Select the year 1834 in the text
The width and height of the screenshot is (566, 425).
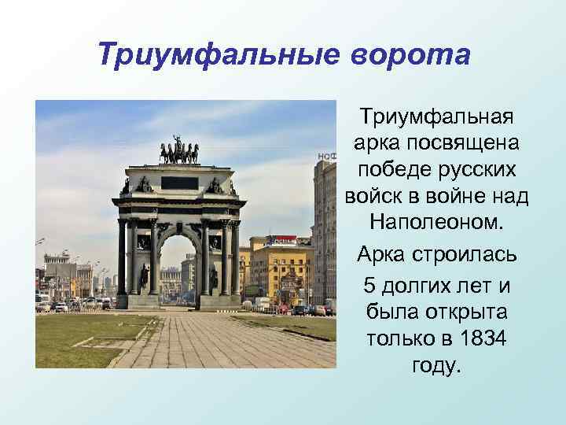click(x=480, y=338)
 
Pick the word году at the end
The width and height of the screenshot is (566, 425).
click(x=436, y=367)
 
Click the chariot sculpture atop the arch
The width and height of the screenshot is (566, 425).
click(x=179, y=151)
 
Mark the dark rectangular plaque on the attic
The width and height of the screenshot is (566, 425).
click(x=179, y=183)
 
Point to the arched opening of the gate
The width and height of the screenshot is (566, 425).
click(x=180, y=268)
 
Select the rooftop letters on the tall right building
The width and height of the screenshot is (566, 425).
click(x=326, y=157)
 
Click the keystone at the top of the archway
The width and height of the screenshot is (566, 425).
click(x=180, y=226)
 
